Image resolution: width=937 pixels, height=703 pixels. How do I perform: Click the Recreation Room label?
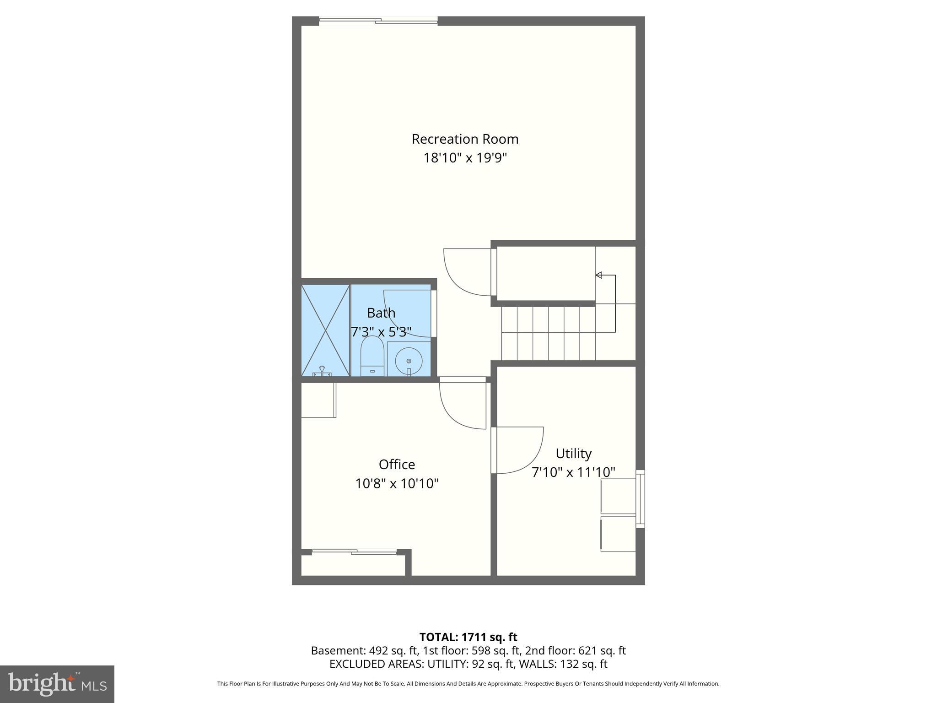coord(465,139)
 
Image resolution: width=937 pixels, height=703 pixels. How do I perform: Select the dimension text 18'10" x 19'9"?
coord(465,158)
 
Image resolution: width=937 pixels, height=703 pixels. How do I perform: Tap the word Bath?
coord(381,313)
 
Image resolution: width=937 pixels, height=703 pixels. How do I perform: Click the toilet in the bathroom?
coord(372,357)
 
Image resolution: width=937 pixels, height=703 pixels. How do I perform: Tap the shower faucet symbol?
coord(322,371)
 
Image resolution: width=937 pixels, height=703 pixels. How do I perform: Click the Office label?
coord(397,465)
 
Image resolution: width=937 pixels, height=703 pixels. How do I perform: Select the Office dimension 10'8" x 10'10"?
coord(397,484)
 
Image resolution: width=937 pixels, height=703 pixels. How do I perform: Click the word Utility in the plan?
coord(573,454)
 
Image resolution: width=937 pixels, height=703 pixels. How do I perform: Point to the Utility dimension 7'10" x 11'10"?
coord(573,472)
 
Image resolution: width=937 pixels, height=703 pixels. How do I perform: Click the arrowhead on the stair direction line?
coord(598,275)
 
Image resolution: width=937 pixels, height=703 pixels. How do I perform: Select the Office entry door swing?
coord(462,405)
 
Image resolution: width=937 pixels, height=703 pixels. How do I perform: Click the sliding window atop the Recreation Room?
coord(378,21)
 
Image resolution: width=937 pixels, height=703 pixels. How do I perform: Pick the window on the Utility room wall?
coord(641,499)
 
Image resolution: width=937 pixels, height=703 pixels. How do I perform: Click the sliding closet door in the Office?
coord(354,552)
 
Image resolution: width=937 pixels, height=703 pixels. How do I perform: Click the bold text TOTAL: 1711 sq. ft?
coord(468,637)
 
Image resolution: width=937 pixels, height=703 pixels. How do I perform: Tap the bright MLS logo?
coord(57,684)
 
